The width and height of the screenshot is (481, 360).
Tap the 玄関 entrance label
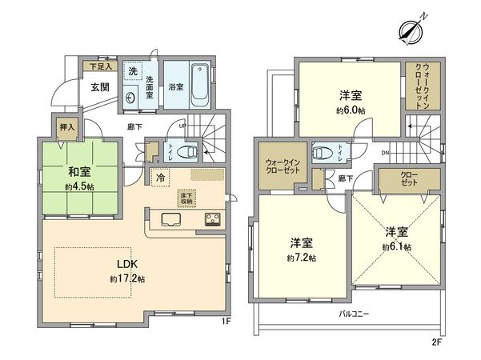click(100, 87)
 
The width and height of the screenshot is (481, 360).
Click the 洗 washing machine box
click(133, 72)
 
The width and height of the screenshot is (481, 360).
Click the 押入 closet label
click(46, 126)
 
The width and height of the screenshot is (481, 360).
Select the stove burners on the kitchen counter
click(214, 219)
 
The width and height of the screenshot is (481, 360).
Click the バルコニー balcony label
click(353, 314)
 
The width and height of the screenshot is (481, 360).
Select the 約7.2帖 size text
click(302, 258)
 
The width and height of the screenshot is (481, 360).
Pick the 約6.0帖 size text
click(350, 110)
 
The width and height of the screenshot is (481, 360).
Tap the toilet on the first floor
click(187, 152)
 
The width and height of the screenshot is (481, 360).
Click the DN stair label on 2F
click(385, 153)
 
